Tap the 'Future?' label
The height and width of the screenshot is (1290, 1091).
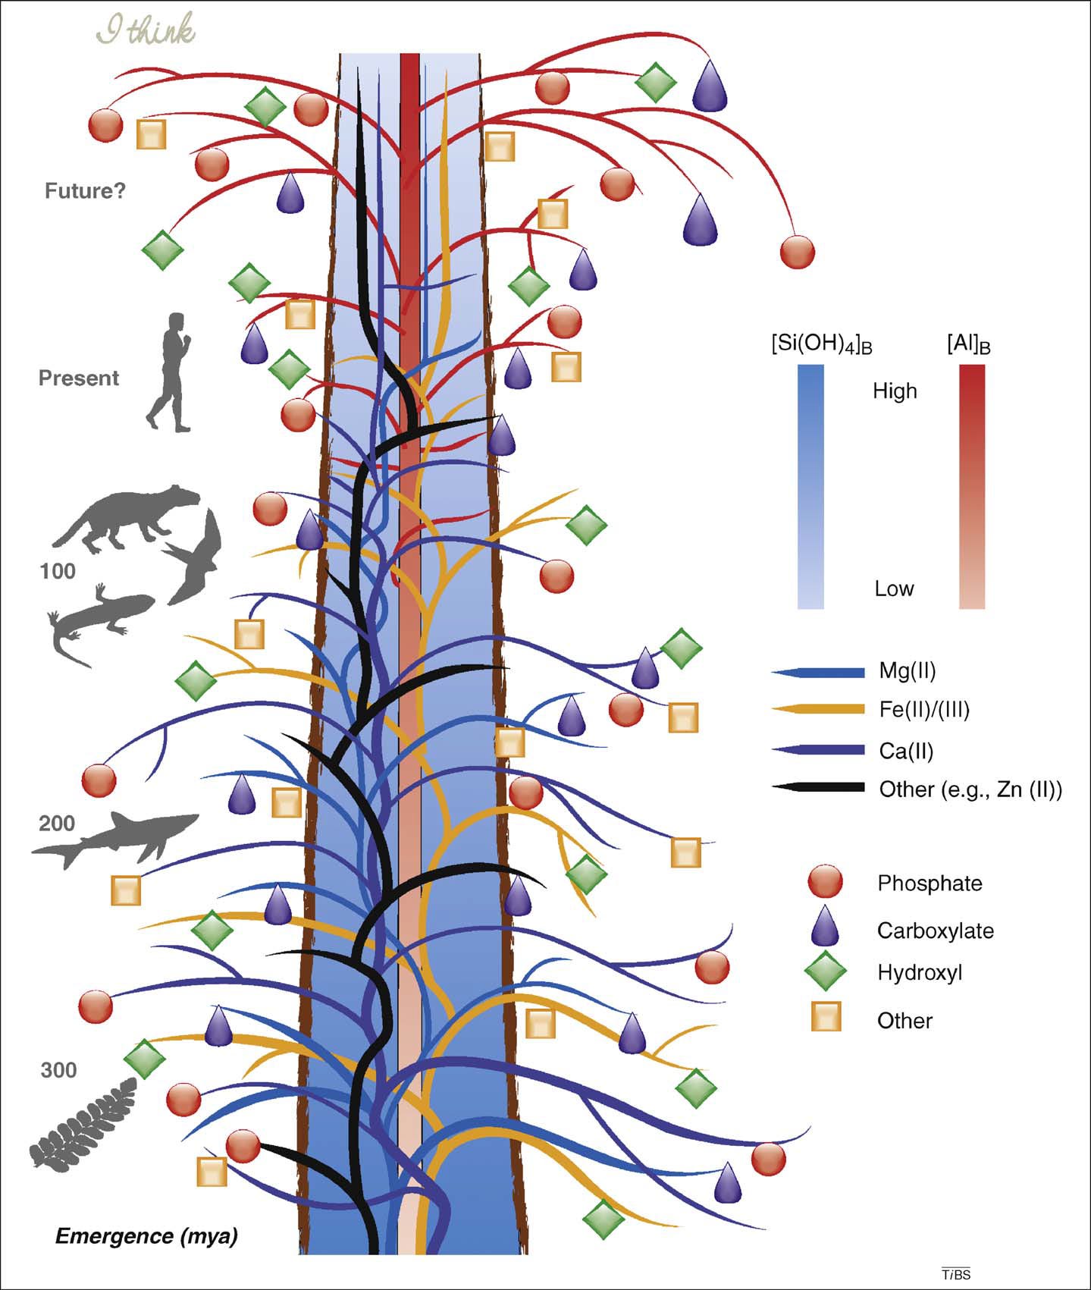(x=85, y=191)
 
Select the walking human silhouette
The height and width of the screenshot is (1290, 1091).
(x=169, y=372)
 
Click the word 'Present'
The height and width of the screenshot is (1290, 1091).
(x=79, y=378)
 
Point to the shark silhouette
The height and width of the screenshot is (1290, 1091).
(x=114, y=837)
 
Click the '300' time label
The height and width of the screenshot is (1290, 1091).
(x=58, y=1070)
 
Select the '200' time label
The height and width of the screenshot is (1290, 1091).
(x=57, y=823)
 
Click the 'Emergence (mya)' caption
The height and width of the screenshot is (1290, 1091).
(x=146, y=1237)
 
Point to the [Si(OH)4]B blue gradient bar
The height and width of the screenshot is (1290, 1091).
(x=810, y=486)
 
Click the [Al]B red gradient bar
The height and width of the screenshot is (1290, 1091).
(x=972, y=486)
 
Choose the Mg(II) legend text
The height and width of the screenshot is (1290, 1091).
(x=908, y=670)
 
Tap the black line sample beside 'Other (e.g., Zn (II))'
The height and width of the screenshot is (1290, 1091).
(x=819, y=788)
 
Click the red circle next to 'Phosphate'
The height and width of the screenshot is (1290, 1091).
(x=826, y=883)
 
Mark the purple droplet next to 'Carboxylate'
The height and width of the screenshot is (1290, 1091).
(x=826, y=927)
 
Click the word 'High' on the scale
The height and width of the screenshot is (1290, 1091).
(x=895, y=391)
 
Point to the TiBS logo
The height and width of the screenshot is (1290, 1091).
(x=956, y=1275)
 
